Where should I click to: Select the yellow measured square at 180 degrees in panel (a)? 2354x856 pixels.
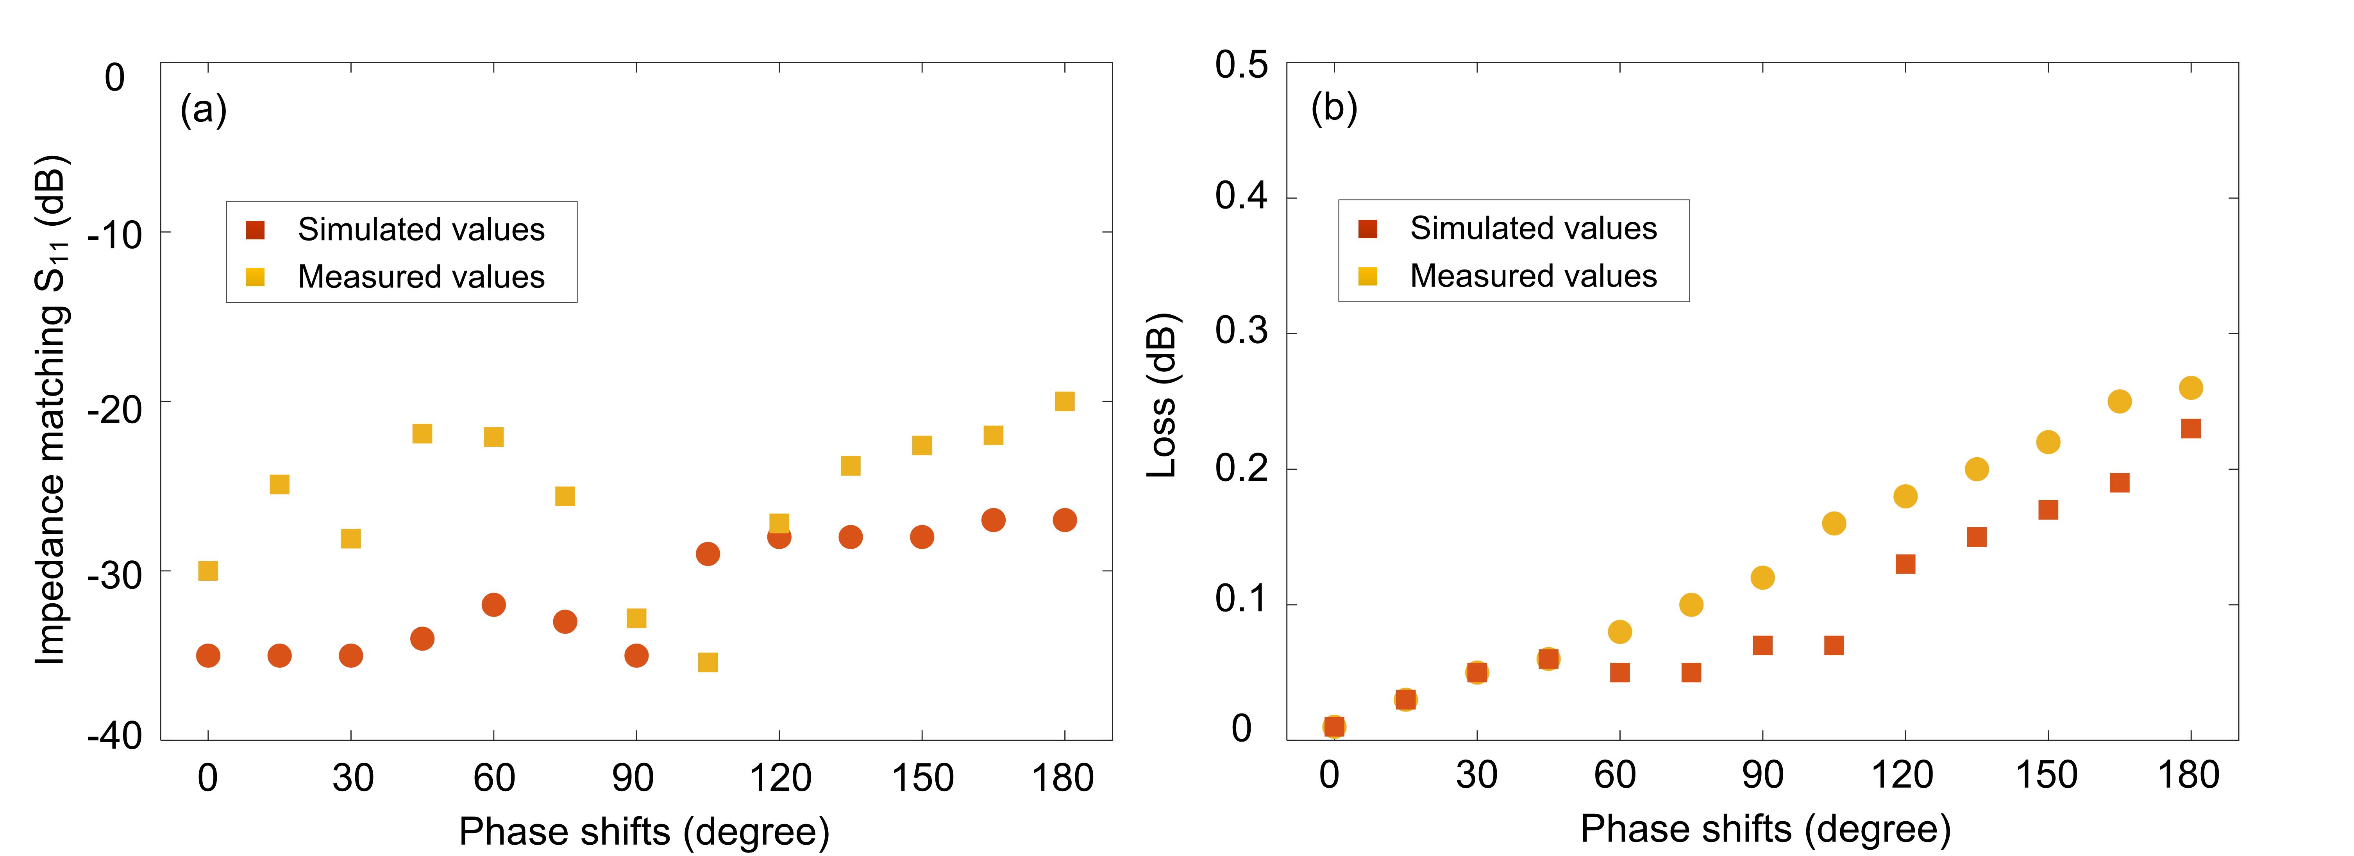pyautogui.click(x=1065, y=402)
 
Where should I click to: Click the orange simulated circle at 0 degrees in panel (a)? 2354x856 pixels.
pyautogui.click(x=208, y=656)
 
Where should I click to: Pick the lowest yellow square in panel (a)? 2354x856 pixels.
pyautogui.click(x=707, y=662)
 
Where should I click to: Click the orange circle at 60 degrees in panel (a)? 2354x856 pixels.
pyautogui.click(x=493, y=605)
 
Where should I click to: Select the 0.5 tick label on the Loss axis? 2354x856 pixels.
pyautogui.click(x=1241, y=66)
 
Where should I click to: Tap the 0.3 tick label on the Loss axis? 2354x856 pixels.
pyautogui.click(x=1241, y=331)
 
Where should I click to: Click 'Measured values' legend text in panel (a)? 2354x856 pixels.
pyautogui.click(x=421, y=277)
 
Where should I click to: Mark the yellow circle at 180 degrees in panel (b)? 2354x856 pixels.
pyautogui.click(x=2190, y=388)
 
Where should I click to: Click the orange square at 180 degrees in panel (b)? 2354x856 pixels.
pyautogui.click(x=2190, y=428)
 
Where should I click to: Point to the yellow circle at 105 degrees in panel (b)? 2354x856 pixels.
pyautogui.click(x=1834, y=523)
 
